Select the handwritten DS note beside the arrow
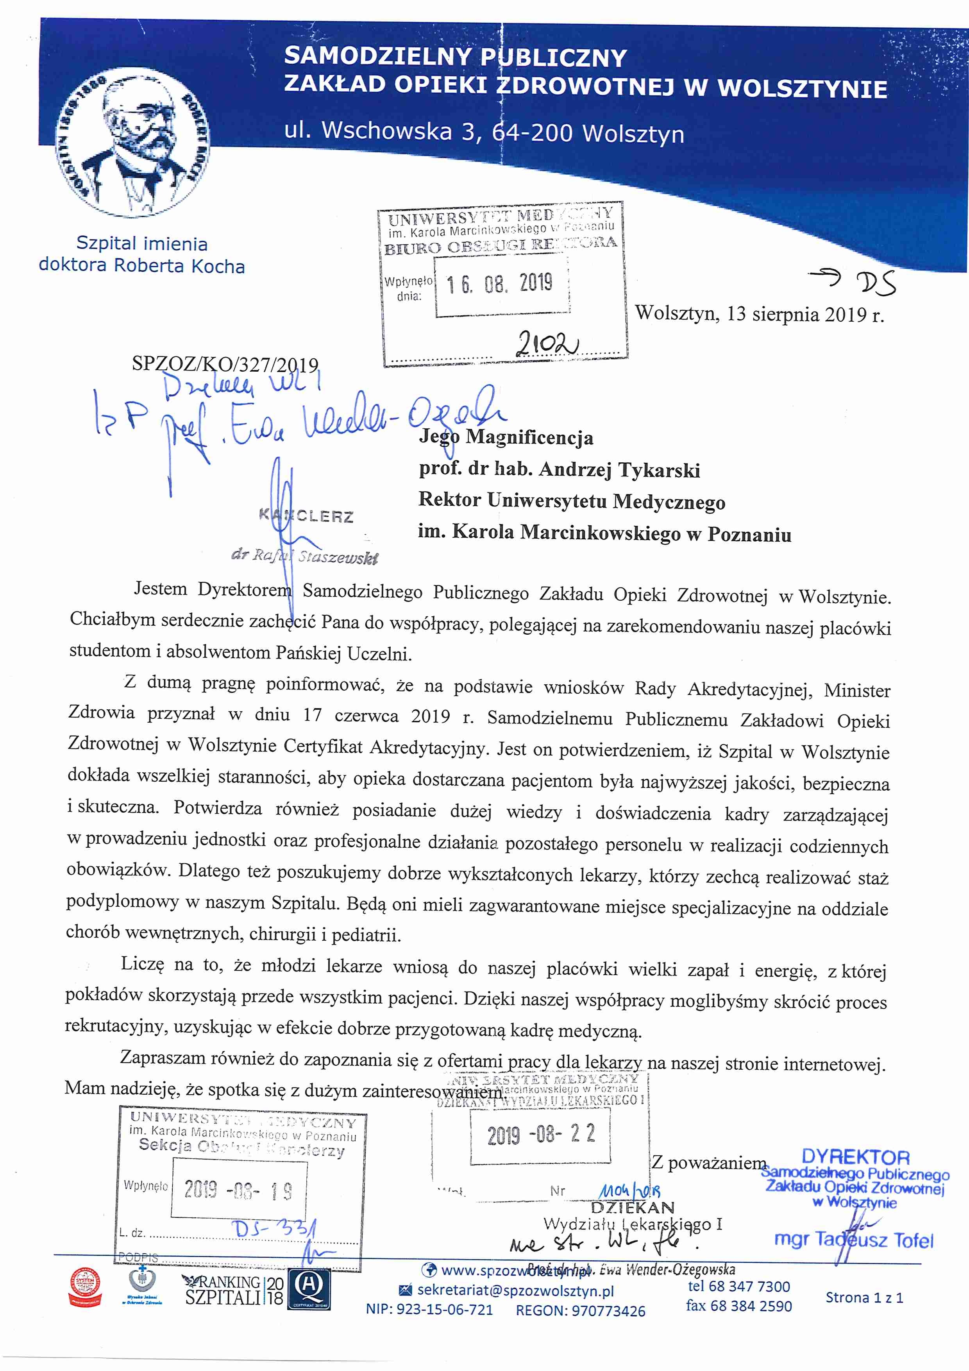pyautogui.click(x=875, y=283)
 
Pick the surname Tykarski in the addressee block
pyautogui.click(x=659, y=470)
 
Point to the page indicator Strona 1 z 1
pyautogui.click(x=864, y=1297)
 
